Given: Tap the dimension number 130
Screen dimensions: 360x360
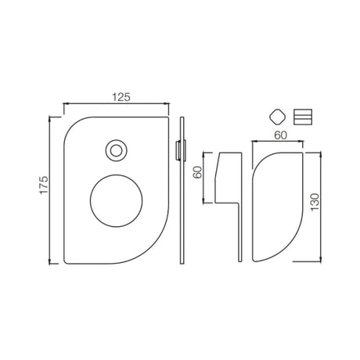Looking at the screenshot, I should coord(315,205).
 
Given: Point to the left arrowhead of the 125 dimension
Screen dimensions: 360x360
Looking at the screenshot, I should coord(64,103).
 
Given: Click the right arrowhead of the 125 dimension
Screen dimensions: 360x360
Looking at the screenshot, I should coord(167,103).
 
